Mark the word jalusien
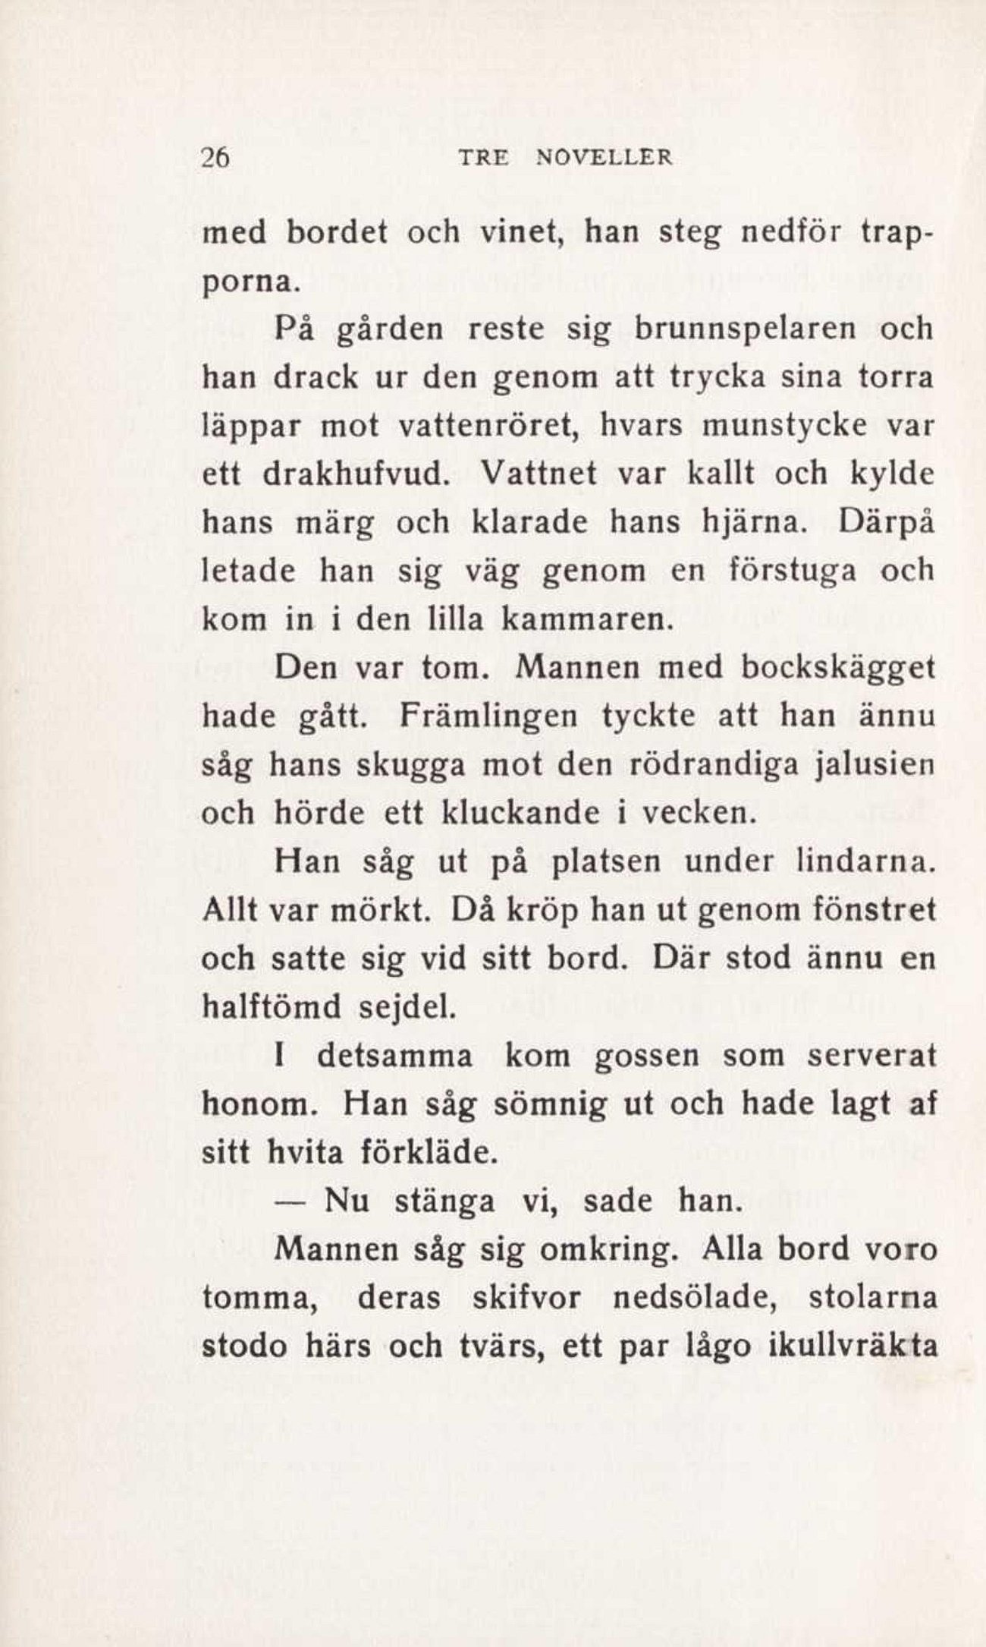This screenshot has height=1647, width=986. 872,765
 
